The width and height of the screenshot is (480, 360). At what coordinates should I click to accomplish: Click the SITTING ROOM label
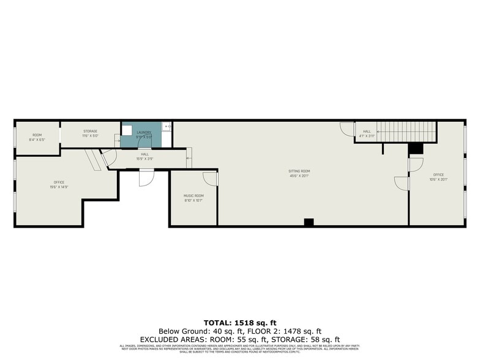299,171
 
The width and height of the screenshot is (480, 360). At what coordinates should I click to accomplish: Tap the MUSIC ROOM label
193,196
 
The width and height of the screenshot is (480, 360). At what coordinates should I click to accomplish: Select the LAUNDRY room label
144,132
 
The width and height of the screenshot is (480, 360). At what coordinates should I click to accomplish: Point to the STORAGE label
91,131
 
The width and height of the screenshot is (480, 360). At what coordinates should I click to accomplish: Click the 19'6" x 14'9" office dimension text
59,187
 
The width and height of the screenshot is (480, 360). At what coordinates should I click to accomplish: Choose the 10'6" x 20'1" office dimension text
438,179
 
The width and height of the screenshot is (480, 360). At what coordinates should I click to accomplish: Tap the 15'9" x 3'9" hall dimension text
145,159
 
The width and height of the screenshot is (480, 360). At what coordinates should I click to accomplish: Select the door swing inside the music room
210,178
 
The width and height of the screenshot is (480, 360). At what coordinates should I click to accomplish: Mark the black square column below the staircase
416,148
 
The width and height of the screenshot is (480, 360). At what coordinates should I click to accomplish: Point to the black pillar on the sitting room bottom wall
309,222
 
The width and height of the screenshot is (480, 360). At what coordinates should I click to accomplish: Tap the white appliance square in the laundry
127,130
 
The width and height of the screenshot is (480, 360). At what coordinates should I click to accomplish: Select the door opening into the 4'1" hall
347,129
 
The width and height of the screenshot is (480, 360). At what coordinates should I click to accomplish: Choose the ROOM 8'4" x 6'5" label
37,137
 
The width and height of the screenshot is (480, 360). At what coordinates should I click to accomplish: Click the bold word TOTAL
217,322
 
